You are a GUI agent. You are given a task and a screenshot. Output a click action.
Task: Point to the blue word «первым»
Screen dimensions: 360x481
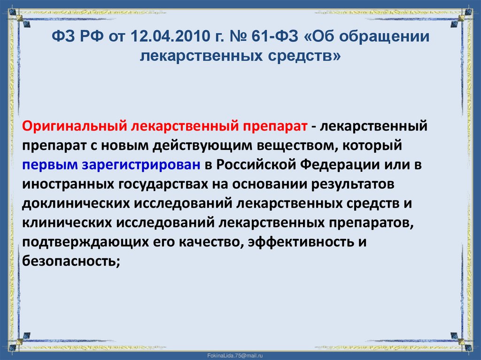click(46, 165)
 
